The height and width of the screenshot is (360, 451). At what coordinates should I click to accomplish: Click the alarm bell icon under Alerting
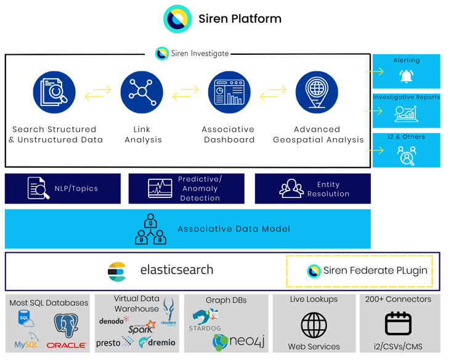pyautogui.click(x=406, y=76)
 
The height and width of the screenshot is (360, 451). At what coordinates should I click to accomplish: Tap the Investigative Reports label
pyautogui.click(x=407, y=97)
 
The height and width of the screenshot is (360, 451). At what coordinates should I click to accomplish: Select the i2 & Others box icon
pyautogui.click(x=406, y=155)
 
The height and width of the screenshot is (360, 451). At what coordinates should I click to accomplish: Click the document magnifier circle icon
pyautogui.click(x=54, y=92)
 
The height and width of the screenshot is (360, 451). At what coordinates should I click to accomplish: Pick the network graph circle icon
pyautogui.click(x=141, y=92)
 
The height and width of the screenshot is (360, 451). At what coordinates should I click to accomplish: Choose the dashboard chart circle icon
pyautogui.click(x=229, y=92)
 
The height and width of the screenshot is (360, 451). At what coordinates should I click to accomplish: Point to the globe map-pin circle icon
pyautogui.click(x=317, y=92)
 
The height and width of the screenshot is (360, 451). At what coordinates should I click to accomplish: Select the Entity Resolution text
pyautogui.click(x=328, y=189)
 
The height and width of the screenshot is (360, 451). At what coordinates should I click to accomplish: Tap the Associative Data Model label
pyautogui.click(x=234, y=229)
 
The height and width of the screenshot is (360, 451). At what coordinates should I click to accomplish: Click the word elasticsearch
pyautogui.click(x=176, y=270)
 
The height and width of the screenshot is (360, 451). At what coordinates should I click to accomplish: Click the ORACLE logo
pyautogui.click(x=66, y=345)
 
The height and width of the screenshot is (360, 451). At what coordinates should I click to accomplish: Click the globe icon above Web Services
pyautogui.click(x=314, y=324)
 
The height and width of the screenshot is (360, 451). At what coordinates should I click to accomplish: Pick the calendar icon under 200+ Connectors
pyautogui.click(x=398, y=324)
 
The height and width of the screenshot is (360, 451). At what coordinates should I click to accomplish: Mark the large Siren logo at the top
pyautogui.click(x=177, y=19)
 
